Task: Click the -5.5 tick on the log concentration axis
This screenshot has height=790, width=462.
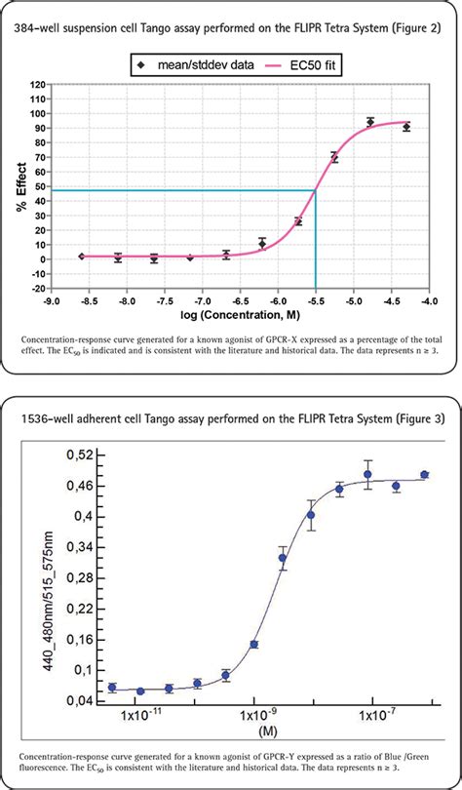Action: (315, 302)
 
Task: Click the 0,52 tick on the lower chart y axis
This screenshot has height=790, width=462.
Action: (83, 454)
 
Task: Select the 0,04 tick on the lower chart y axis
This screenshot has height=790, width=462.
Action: (83, 700)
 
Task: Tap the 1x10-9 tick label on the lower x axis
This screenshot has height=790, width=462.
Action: (252, 718)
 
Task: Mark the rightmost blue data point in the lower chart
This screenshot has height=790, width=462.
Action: (424, 475)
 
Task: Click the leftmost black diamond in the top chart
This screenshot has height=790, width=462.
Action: (82, 257)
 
